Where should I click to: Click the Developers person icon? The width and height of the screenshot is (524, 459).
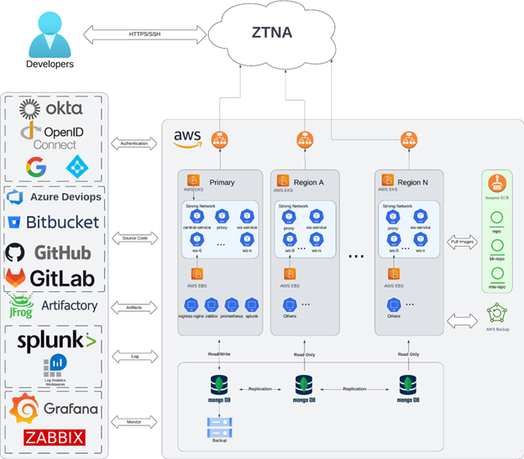(48, 33)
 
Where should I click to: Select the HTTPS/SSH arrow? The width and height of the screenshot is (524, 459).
(142, 34)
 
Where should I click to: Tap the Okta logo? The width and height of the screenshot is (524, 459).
(52, 108)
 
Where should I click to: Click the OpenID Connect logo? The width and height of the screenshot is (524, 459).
(52, 137)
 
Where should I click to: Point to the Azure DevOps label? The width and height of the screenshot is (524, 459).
(65, 197)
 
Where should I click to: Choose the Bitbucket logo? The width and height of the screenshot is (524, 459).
(52, 222)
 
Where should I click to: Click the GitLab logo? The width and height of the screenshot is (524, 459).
(52, 277)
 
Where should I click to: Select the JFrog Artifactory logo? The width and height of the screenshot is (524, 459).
(52, 305)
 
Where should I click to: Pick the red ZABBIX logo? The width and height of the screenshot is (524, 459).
(52, 437)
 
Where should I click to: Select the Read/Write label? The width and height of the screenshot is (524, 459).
(218, 354)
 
